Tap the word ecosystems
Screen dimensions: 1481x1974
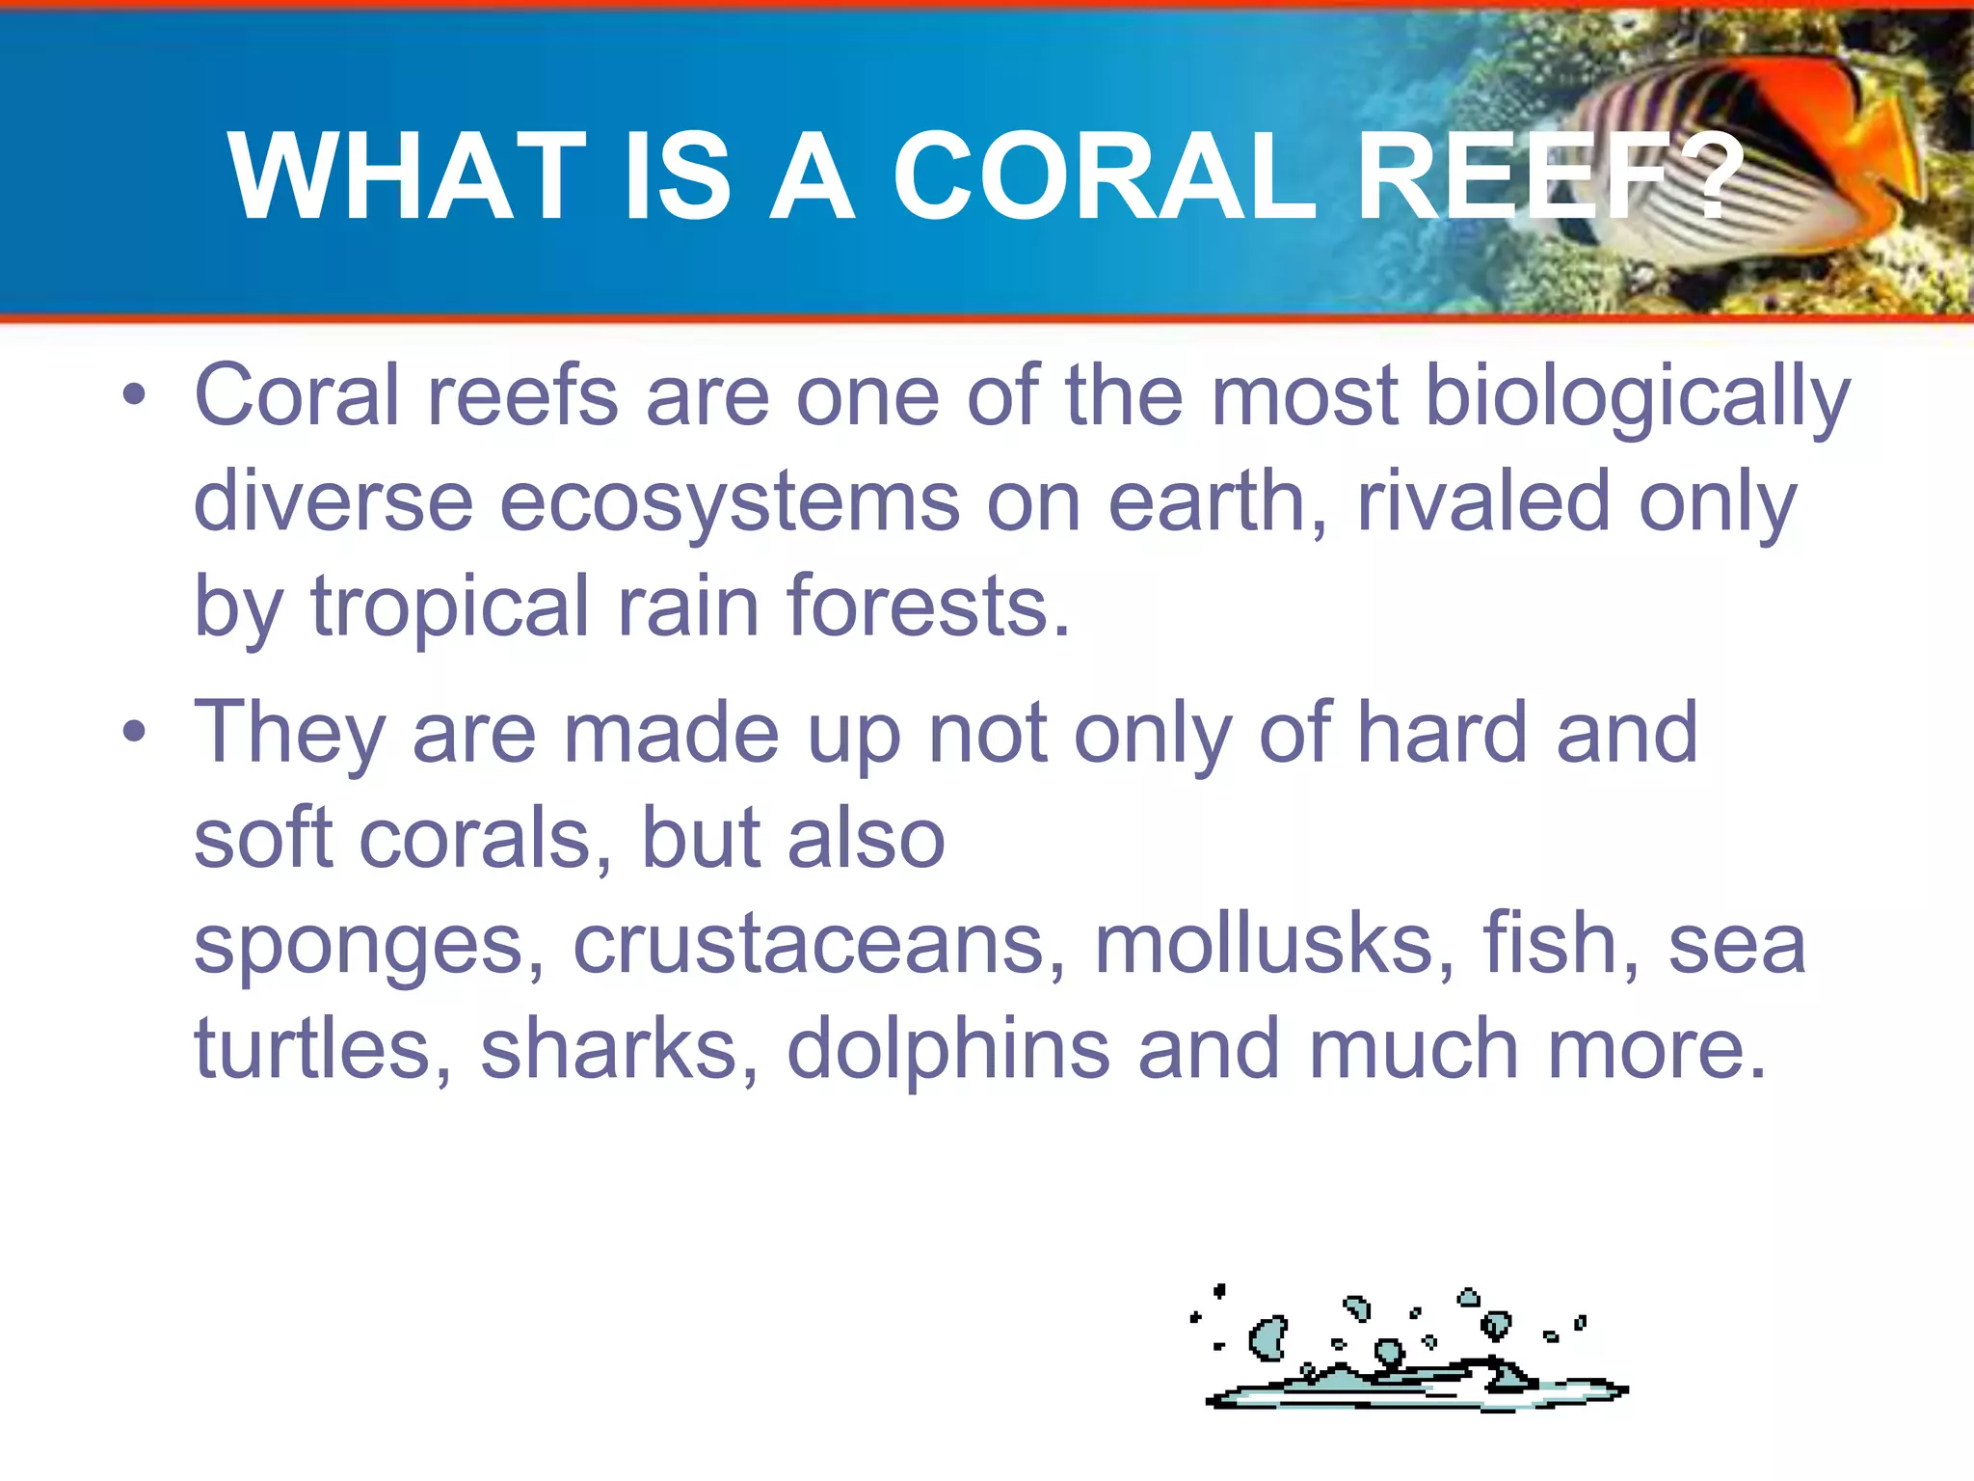tap(730, 504)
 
